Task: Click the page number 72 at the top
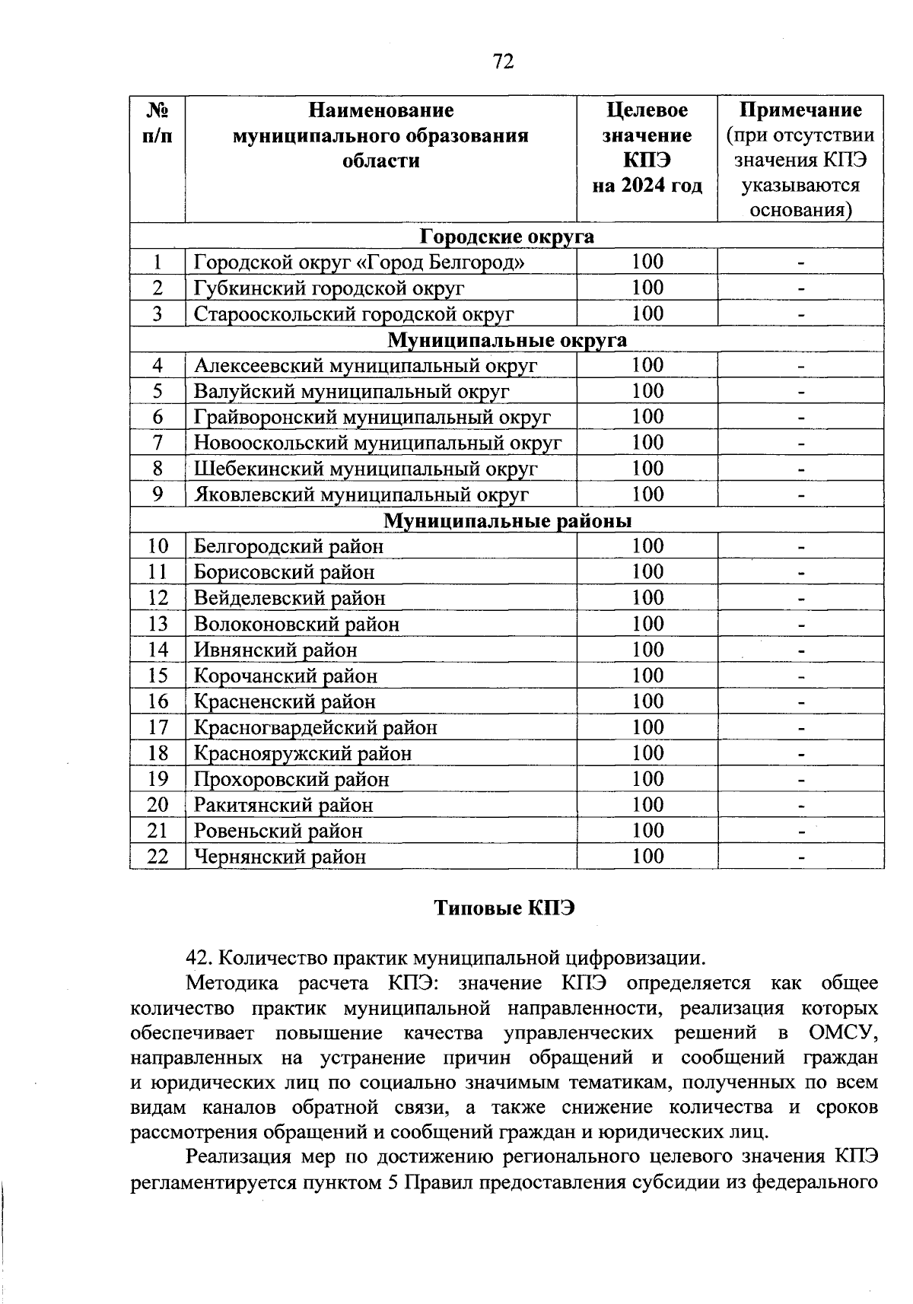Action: [504, 61]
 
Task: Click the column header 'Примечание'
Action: [800, 110]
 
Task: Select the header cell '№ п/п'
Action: [157, 123]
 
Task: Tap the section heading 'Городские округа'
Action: [507, 237]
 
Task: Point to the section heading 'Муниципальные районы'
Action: [507, 521]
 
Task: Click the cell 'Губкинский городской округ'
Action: [329, 288]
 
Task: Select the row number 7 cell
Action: [157, 443]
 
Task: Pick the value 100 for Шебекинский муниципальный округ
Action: [647, 469]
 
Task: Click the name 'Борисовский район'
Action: [284, 572]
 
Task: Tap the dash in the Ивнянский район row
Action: [800, 651]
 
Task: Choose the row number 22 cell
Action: [157, 857]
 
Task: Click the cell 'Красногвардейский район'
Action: [315, 728]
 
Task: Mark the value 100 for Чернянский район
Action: [647, 857]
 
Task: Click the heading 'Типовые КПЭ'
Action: [504, 908]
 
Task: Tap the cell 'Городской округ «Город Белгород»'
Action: [358, 262]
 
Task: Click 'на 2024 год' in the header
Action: [647, 186]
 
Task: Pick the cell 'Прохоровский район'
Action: [291, 780]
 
